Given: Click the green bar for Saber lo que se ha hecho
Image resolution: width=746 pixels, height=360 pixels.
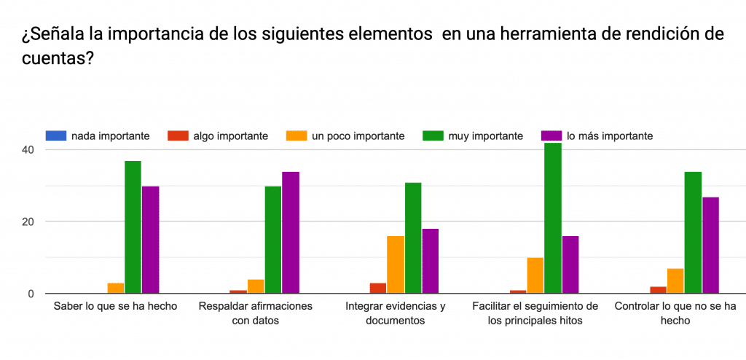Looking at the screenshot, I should coord(133,227).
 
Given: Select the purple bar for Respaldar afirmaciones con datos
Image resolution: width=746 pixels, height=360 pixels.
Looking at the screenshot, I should coord(291,232).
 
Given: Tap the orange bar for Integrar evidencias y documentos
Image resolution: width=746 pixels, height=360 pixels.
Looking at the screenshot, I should coord(396,265).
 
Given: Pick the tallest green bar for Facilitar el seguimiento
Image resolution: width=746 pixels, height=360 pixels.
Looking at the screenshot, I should coord(553,219).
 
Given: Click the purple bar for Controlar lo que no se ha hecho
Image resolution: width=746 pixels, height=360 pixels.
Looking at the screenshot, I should coord(710,245).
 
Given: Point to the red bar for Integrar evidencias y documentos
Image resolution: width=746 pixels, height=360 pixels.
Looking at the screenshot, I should coord(377,288).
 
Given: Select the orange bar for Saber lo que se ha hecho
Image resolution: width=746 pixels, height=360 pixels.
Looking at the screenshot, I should coord(115,288).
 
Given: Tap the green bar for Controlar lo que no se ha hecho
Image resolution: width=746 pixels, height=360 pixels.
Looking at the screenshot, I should coord(693,232).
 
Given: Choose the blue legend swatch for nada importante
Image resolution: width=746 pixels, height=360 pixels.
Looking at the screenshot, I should coord(55,136).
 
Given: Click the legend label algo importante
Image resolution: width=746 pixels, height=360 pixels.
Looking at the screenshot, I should coord(230,136).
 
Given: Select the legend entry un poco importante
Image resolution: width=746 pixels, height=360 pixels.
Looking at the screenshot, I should coord(358,136).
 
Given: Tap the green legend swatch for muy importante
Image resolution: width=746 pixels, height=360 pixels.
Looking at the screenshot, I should coord(433,136).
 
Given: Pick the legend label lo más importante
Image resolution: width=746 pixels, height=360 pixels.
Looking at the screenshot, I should coord(609,136).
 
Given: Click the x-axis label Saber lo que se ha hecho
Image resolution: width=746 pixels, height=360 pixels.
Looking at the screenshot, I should coord(115,306).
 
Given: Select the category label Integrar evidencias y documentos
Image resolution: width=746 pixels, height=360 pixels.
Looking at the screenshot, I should coord(396,313).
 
